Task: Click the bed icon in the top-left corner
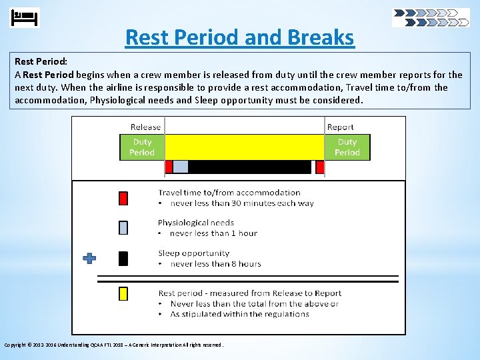point(25,17)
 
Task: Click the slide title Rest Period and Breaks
point(239,37)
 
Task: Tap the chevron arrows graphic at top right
point(431,17)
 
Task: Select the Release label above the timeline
point(145,127)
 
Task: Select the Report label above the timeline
point(340,127)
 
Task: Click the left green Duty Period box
point(142,147)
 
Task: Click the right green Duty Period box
point(347,147)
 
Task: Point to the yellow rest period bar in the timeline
point(244,147)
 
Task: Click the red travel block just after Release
point(169,167)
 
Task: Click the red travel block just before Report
point(320,167)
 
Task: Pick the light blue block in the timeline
point(181,167)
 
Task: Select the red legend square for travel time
point(123,198)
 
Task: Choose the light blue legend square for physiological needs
point(123,228)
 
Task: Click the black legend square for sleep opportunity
point(123,259)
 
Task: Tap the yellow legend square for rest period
point(123,293)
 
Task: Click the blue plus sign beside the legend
point(89,258)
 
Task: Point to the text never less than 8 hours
point(215,264)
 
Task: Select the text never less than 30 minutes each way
point(241,203)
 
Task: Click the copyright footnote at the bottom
point(113,345)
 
